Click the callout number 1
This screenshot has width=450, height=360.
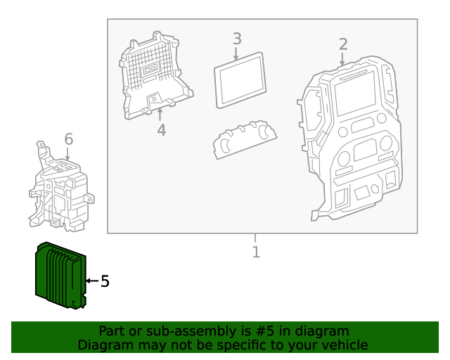point(256,251)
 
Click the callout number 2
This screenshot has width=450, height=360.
point(342,44)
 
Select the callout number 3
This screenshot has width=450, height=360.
point(237,39)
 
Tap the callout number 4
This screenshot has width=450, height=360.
point(161,130)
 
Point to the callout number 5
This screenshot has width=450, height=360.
point(105,281)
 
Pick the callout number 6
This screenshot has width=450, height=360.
point(68,139)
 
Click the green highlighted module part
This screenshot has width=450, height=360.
point(59,275)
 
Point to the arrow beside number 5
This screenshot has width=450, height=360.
point(90,281)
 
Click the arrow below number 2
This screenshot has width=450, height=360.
point(342,60)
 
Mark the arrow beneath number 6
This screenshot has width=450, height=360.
point(68,154)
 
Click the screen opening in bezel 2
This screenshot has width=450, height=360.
point(356,95)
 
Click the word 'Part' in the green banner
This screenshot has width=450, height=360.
point(112,331)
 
